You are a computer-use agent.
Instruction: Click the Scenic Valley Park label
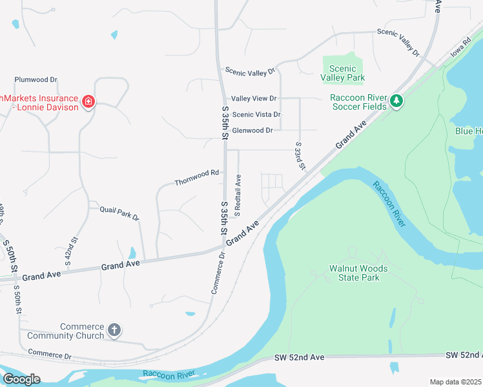(x=347, y=73)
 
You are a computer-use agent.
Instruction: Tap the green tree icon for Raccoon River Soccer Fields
(x=396, y=101)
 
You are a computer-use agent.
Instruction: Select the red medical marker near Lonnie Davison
(x=88, y=102)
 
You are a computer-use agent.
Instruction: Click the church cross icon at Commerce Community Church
(x=114, y=331)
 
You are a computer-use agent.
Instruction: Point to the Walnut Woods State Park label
(x=358, y=273)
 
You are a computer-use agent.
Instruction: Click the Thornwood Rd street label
(x=197, y=178)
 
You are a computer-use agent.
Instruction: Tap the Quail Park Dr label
(x=119, y=213)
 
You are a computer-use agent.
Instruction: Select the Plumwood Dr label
(x=36, y=80)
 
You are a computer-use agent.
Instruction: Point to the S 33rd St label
(x=300, y=156)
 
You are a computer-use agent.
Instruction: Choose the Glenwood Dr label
(x=252, y=130)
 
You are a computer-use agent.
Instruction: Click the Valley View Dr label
(x=254, y=99)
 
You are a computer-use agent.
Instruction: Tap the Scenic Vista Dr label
(x=256, y=115)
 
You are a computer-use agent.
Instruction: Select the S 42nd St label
(x=71, y=252)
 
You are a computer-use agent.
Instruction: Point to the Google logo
(x=21, y=379)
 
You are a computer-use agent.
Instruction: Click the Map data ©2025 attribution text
(x=455, y=382)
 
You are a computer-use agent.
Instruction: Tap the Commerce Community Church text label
(x=82, y=331)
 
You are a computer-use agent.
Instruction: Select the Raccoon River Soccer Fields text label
(x=358, y=102)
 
